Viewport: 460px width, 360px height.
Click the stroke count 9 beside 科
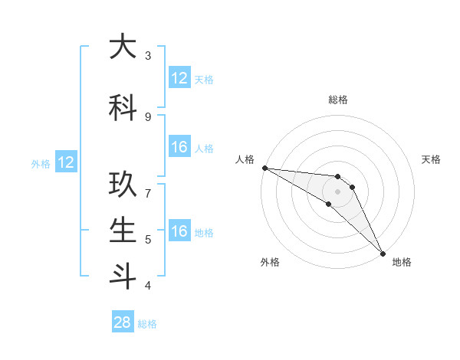pyautogui.click(x=147, y=116)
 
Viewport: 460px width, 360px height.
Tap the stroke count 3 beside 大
pyautogui.click(x=147, y=56)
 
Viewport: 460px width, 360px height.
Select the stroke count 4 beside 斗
pyautogui.click(x=147, y=286)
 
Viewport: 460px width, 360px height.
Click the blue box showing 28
pyautogui.click(x=123, y=322)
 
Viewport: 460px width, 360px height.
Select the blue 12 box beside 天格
pyautogui.click(x=179, y=78)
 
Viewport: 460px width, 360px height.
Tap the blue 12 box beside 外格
pyautogui.click(x=65, y=162)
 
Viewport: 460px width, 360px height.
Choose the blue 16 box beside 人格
pyautogui.click(x=179, y=147)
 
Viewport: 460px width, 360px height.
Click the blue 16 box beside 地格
pyautogui.click(x=179, y=231)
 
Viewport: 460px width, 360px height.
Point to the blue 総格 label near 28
pyautogui.click(x=147, y=324)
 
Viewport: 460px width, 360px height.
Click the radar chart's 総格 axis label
pyautogui.click(x=337, y=100)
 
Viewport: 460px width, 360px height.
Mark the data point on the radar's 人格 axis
pyautogui.click(x=264, y=168)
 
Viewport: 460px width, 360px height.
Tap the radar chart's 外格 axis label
pyautogui.click(x=270, y=262)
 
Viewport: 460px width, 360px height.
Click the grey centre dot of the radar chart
pyautogui.click(x=337, y=191)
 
